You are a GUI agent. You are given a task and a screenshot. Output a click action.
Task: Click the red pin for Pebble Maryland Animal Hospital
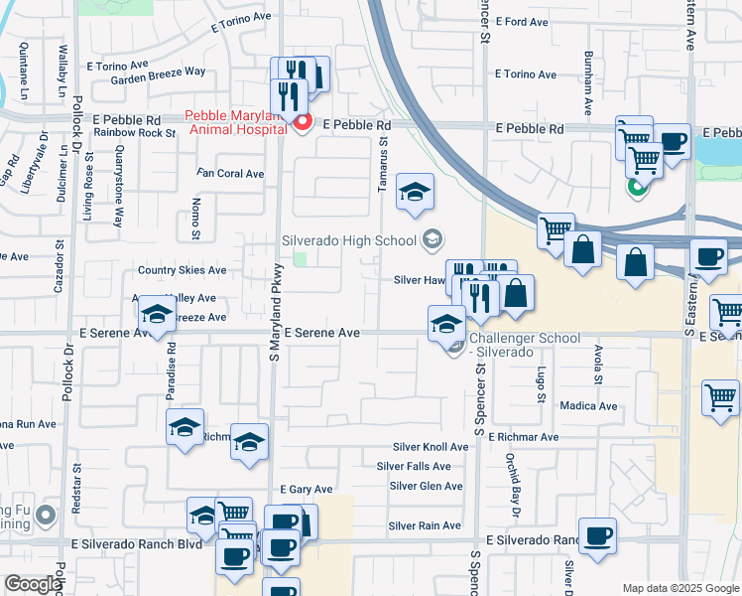[x=302, y=123]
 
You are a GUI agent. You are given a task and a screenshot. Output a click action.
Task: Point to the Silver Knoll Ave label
[x=430, y=447]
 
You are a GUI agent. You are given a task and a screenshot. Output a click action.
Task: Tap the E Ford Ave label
[x=520, y=21]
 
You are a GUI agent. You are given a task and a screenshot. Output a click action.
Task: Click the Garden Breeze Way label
[x=158, y=72]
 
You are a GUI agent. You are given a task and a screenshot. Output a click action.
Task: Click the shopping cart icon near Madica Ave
[x=720, y=396]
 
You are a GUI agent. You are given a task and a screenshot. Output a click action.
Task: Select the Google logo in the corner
[x=32, y=584]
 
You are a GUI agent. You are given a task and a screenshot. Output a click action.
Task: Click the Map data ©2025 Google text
[x=680, y=588]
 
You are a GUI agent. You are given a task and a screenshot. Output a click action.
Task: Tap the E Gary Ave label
[x=305, y=490]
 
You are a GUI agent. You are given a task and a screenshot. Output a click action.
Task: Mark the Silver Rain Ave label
[x=425, y=525]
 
